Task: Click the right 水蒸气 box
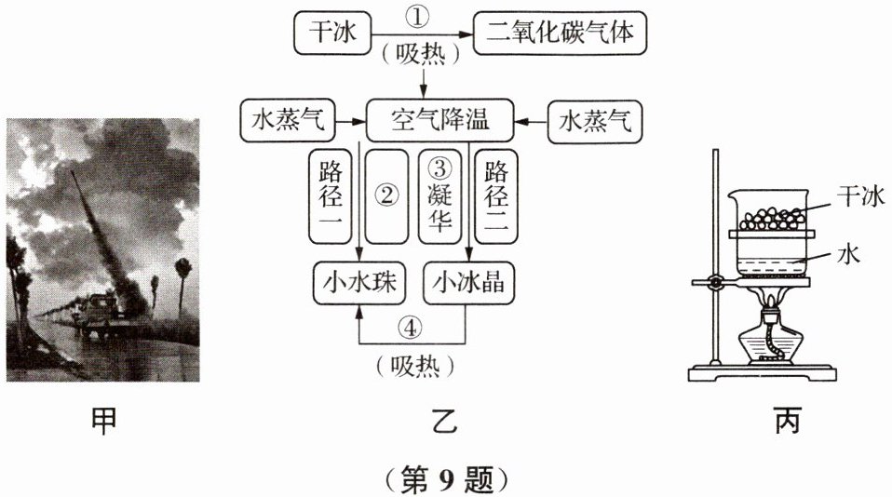593,121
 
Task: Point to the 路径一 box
331,196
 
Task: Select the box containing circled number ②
385,196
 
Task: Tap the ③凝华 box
439,196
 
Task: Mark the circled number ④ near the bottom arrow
412,328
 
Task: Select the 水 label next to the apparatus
843,253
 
